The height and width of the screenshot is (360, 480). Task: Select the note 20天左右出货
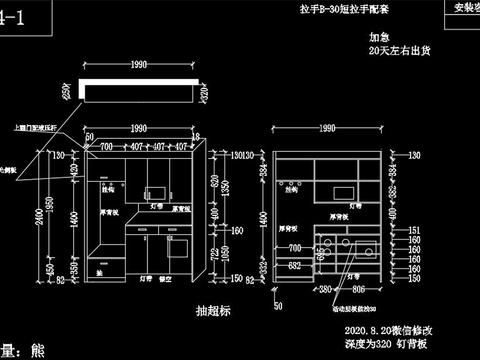click(398, 49)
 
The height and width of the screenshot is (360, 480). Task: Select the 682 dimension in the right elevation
click(294, 266)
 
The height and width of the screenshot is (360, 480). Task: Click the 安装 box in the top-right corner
click(460, 7)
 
